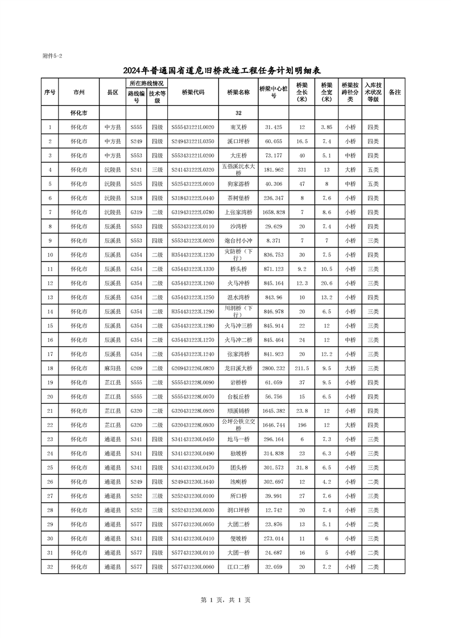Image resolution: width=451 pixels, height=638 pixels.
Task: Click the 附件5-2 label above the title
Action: (52, 56)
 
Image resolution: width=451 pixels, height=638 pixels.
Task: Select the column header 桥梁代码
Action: (193, 92)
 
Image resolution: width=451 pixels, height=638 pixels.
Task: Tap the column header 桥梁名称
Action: (238, 92)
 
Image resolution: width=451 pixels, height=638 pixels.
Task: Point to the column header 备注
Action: (394, 92)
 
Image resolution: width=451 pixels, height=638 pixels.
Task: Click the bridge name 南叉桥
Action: (238, 127)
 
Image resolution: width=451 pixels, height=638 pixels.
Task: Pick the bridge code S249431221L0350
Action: (193, 141)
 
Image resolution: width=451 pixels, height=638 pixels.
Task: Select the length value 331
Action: (302, 169)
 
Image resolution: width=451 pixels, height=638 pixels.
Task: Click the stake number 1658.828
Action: (274, 212)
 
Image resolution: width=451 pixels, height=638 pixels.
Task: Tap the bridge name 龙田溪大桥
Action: (238, 368)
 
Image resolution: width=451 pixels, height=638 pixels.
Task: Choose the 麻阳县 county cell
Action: (112, 368)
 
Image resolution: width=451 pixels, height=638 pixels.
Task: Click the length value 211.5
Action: (302, 368)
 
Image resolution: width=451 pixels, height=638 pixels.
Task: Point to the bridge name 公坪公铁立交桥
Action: (238, 425)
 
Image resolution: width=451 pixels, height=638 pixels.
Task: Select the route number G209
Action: (136, 368)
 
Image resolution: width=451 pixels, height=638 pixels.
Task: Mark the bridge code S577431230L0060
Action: (193, 567)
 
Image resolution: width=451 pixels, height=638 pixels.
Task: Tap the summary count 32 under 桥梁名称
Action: (238, 113)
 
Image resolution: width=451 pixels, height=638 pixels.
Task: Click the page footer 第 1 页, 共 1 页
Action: (226, 600)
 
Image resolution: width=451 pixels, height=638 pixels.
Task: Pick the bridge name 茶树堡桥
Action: (238, 198)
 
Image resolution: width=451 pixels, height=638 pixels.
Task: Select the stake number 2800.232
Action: (274, 368)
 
